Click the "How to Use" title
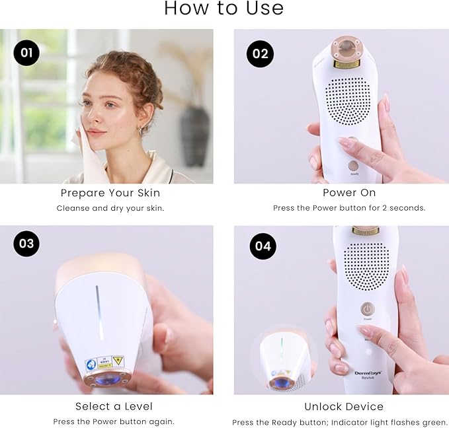224,9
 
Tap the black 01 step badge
26,53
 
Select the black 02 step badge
260,54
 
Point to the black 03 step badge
26,243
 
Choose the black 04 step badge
263,246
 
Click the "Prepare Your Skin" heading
110,193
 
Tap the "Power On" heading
349,193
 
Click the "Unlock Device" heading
344,406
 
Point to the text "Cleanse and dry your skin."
110,208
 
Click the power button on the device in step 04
367,308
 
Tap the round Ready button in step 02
354,166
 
